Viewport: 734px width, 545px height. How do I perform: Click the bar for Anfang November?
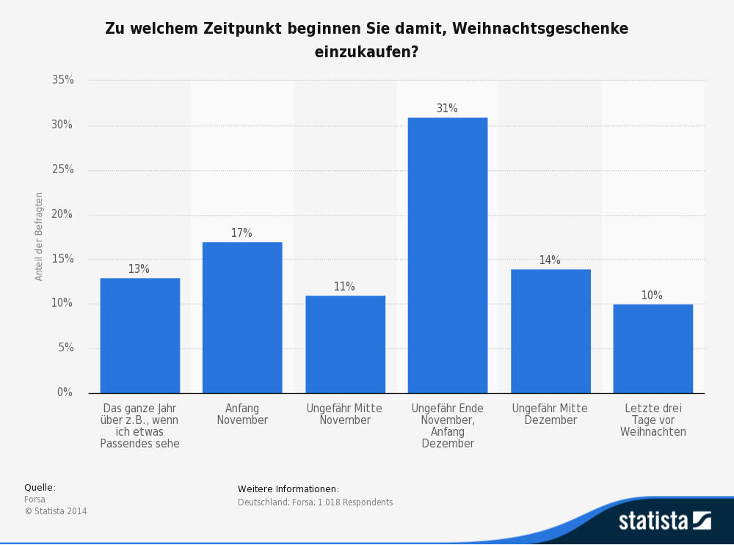pos(242,317)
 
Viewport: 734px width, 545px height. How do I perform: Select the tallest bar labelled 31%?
pos(447,255)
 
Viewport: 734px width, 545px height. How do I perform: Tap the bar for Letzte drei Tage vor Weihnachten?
pos(653,348)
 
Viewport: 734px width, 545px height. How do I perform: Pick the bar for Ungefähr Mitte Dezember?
pos(550,331)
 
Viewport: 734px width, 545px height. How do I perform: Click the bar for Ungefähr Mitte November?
pos(345,344)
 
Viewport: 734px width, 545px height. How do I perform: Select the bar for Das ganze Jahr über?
pos(139,335)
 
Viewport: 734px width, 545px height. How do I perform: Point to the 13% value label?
pos(139,269)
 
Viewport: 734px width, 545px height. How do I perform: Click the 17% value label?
pos(241,233)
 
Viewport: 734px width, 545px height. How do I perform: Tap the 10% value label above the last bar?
pos(652,296)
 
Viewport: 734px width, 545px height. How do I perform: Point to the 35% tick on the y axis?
pos(62,80)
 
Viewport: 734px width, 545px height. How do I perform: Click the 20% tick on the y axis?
pos(62,214)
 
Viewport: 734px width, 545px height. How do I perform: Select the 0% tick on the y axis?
pos(65,392)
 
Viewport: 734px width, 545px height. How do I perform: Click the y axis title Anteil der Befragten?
pos(40,236)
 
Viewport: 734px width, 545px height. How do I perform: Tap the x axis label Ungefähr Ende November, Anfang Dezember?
pos(447,425)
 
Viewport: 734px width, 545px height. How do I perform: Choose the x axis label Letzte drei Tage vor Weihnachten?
pos(653,420)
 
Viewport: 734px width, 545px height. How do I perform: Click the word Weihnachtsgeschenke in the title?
pos(539,29)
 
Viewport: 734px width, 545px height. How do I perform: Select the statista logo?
pos(664,521)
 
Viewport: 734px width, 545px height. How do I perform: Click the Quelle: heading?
pos(40,488)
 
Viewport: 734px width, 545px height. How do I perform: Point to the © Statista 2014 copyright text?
pos(56,511)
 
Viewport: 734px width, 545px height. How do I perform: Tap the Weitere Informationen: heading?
pos(288,489)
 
